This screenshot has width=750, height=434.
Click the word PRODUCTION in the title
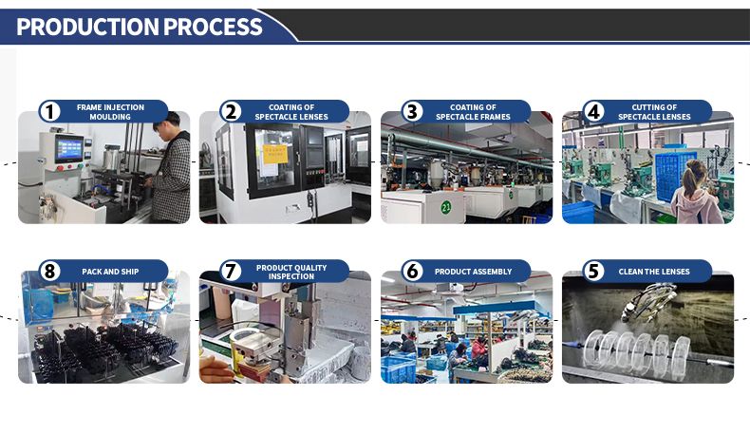pos(87,27)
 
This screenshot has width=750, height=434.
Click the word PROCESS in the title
pos(213,27)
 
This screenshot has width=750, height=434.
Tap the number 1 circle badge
pos(49,111)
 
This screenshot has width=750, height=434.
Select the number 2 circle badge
pos(231,111)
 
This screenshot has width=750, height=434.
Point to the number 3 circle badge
pos(412,111)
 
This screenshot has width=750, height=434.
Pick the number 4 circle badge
pos(593,111)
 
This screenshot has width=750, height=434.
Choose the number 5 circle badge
pos(593,272)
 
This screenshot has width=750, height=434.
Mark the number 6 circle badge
pos(412,272)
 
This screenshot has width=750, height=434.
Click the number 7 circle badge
pos(231,272)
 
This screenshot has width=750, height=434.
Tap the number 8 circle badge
pos(49,272)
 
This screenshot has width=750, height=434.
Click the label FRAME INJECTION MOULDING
pos(110,112)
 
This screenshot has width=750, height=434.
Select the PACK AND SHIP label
pos(110,272)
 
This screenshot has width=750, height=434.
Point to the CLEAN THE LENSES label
pos(654,272)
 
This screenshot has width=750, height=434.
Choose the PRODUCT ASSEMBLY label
pos(473,272)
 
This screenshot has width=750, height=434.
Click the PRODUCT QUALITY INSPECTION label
pos(291,272)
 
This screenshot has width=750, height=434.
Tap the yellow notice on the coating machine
pos(275,154)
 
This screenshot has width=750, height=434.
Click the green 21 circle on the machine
pos(446,207)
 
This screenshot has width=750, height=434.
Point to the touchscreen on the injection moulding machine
pos(68,148)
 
